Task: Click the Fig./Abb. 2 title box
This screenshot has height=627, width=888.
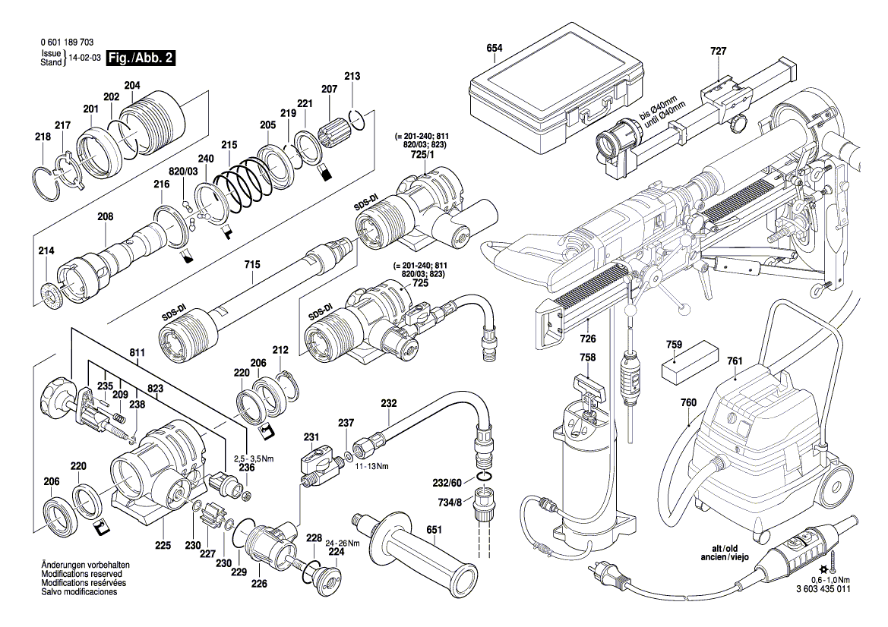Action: [141, 58]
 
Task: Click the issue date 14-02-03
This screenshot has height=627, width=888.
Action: [85, 58]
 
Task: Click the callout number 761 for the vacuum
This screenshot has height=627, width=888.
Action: [734, 361]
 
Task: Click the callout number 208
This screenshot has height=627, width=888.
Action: [105, 217]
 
